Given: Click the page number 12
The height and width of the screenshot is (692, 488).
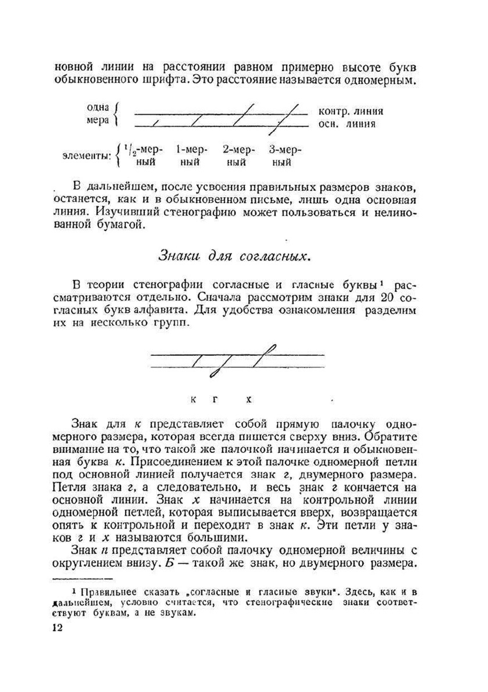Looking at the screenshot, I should pyautogui.click(x=57, y=628).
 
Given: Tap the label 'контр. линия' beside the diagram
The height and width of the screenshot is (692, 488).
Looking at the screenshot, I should pyautogui.click(x=350, y=111).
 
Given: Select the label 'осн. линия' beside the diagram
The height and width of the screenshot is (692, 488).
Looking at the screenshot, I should pyautogui.click(x=346, y=124).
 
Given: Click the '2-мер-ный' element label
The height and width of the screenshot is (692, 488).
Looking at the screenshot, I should pyautogui.click(x=239, y=156).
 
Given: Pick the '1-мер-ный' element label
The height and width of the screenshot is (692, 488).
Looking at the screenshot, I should pyautogui.click(x=192, y=156).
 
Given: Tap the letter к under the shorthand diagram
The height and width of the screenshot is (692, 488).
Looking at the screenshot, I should pyautogui.click(x=193, y=400).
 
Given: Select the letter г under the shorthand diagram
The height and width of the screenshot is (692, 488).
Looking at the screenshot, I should pyautogui.click(x=215, y=400).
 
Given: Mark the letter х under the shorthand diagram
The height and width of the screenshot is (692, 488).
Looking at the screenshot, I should pyautogui.click(x=248, y=400).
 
